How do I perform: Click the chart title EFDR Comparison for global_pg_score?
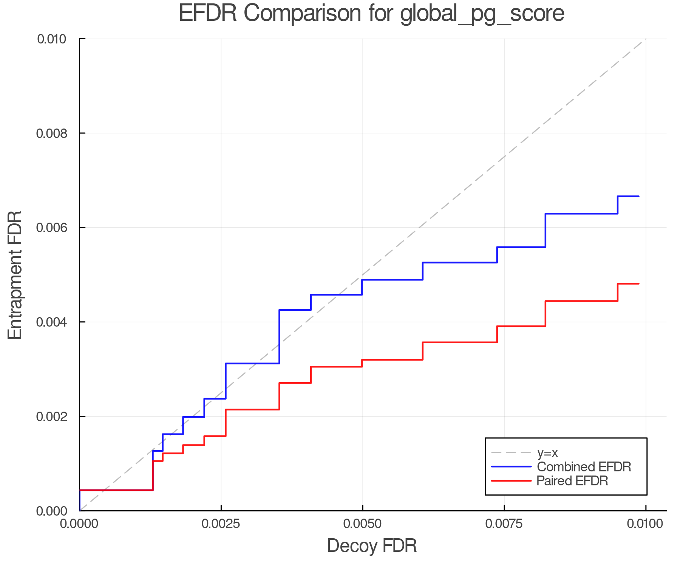pos(371,14)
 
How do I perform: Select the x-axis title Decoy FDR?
pos(372,546)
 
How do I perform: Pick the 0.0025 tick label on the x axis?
pos(221,524)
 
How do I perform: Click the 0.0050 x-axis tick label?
pos(363,524)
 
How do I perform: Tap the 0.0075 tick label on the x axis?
pos(504,524)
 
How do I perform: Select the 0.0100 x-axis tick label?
pos(645,524)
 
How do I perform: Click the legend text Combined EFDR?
pos(584,467)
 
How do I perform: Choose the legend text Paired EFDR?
pos(572,481)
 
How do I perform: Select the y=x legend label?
pos(547,452)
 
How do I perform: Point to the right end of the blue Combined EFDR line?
pos(638,196)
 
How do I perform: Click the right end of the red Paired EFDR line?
pos(638,283)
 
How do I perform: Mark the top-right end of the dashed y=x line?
pos(645,39)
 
